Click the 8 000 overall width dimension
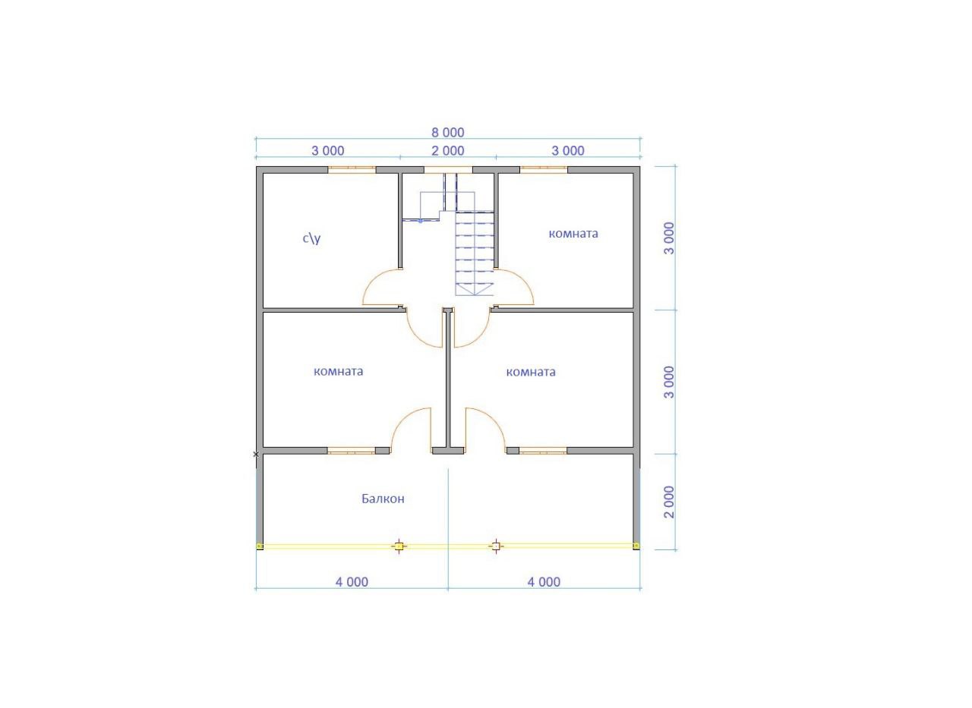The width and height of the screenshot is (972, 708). [448, 132]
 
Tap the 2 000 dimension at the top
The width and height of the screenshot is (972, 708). [448, 151]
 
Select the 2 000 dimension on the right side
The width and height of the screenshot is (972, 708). [670, 502]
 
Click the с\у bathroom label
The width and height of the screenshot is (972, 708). [311, 238]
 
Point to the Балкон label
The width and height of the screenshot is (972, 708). [383, 499]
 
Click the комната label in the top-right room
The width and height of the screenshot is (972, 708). [573, 234]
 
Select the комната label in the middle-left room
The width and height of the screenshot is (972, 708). [339, 372]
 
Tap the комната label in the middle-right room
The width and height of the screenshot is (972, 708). [531, 372]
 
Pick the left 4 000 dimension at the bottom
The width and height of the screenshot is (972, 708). [352, 582]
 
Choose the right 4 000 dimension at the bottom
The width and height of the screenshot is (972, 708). [544, 582]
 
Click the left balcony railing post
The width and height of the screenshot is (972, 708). [399, 546]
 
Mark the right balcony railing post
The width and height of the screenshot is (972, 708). [496, 546]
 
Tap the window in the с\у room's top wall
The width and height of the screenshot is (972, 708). [352, 169]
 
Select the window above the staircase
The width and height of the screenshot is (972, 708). [448, 169]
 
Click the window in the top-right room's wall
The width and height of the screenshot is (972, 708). [544, 169]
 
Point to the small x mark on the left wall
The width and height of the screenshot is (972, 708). [256, 454]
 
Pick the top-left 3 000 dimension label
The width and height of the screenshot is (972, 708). [327, 151]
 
